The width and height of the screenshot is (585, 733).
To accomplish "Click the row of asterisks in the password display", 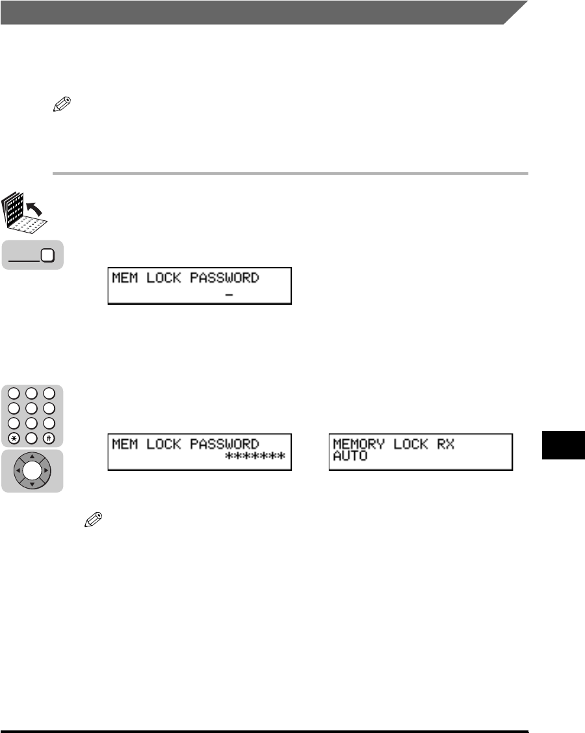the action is (255, 457).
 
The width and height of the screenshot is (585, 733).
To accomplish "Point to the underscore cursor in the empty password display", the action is (229, 294).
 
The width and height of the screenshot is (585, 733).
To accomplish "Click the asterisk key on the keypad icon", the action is (14, 437).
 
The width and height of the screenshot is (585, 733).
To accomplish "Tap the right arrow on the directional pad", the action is (45, 470).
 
